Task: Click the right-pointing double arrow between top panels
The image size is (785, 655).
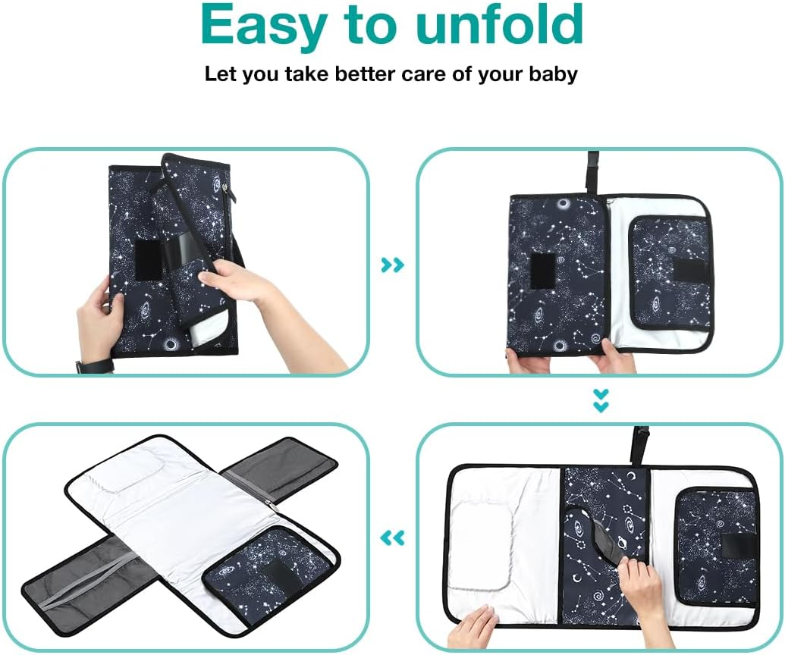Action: tap(393, 265)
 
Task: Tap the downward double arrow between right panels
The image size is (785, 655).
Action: tap(601, 401)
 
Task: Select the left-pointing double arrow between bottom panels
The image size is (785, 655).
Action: tap(392, 538)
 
